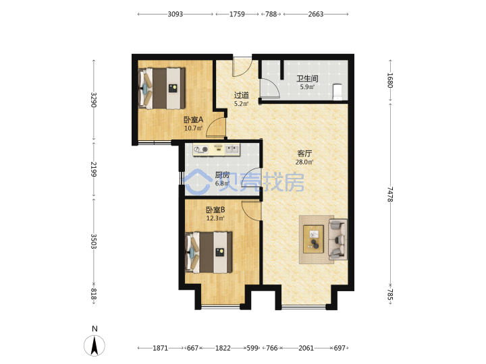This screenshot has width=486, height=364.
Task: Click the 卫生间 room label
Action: click(307, 78)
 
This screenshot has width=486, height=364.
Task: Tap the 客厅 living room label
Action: click(304, 153)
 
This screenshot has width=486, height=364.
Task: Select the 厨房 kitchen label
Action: click(222, 175)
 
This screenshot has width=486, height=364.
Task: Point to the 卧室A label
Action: click(194, 119)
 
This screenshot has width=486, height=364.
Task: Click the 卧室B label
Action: click(215, 210)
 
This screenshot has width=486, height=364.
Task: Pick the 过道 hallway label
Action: click(241, 95)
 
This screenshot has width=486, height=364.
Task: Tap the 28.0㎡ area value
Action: click(304, 162)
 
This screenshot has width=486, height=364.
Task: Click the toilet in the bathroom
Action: click(337, 92)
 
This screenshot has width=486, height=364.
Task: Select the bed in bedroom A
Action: click(162, 88)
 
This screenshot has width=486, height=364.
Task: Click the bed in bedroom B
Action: click(209, 252)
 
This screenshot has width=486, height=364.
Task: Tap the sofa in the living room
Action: click(337, 239)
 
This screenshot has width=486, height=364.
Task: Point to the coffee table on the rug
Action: click(313, 239)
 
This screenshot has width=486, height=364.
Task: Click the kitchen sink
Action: click(232, 150)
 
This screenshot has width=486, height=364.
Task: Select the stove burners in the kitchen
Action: click(200, 150)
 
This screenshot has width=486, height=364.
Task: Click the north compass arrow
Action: click(94, 345)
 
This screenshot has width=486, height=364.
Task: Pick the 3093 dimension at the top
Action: click(175, 14)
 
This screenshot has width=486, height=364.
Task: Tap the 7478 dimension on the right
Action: click(390, 194)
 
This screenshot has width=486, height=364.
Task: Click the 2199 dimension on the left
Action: click(94, 169)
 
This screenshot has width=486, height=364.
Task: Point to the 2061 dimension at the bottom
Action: click(306, 348)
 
